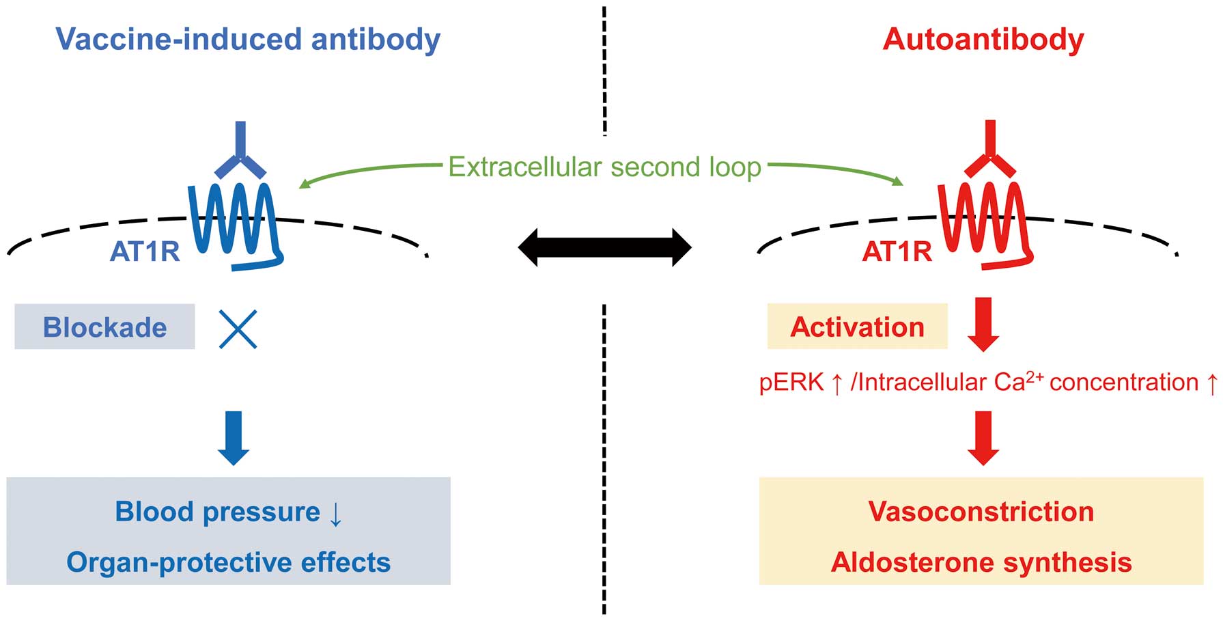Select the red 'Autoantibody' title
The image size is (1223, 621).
click(x=983, y=40)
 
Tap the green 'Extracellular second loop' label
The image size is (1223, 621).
click(x=604, y=167)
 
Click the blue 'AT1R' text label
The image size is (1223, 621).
click(x=145, y=252)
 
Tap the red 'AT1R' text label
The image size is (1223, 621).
click(x=897, y=252)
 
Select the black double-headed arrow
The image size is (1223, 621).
click(x=605, y=247)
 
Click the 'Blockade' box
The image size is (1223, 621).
click(x=104, y=327)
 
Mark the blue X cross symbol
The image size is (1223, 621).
click(x=238, y=329)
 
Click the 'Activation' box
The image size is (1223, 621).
click(x=857, y=327)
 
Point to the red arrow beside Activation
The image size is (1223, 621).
click(x=983, y=325)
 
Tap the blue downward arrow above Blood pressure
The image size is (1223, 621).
click(x=234, y=439)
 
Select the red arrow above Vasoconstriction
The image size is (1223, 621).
click(x=983, y=438)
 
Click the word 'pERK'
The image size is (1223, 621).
click(x=791, y=383)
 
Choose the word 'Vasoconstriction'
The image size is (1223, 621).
click(x=981, y=512)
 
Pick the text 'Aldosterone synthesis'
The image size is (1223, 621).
click(x=981, y=562)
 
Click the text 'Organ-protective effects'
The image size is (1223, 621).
click(x=229, y=562)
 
